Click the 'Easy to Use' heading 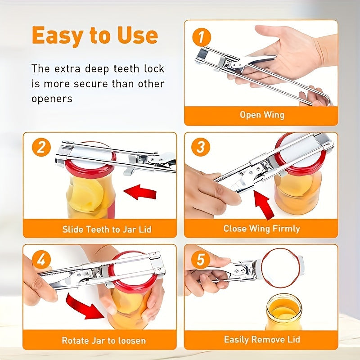pos(94,36)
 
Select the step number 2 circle pos(41,148)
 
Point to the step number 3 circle pos(201,148)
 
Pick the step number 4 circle pos(41,260)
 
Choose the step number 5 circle pos(201,260)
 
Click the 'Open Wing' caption pos(261,115)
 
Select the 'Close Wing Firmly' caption pos(261,229)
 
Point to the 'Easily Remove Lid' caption pos(262,339)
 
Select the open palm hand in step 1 pos(288,49)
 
